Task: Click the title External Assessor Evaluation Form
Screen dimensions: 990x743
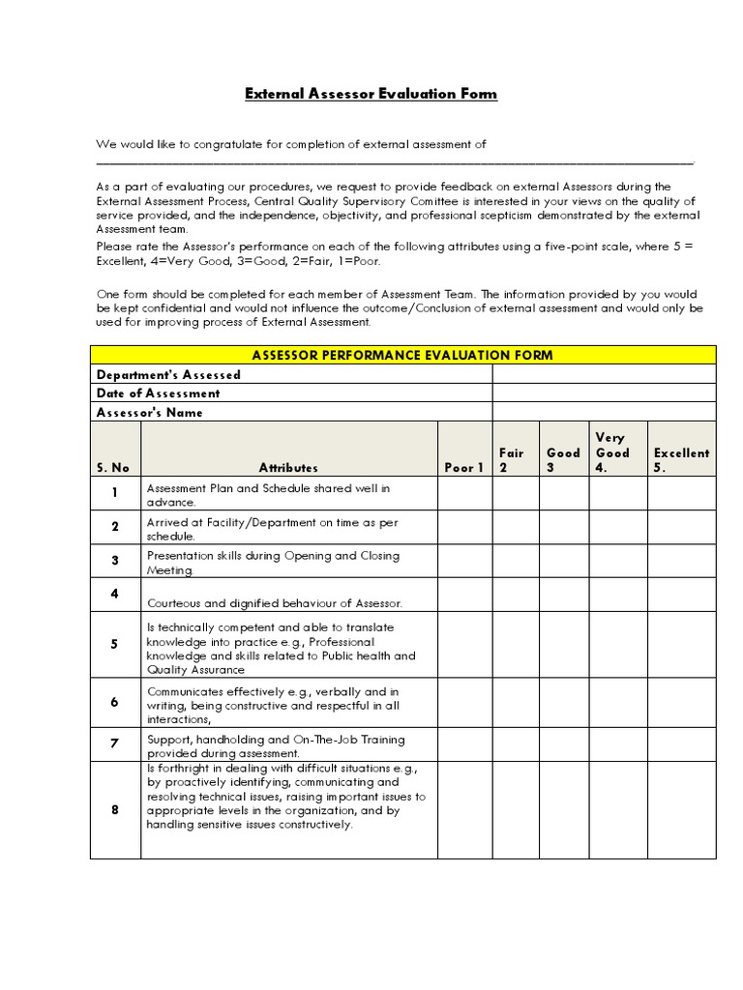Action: click(371, 94)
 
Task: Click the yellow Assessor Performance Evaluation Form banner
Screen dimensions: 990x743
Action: click(402, 355)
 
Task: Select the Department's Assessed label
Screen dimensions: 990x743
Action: click(168, 374)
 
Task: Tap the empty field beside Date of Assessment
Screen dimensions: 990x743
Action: click(604, 393)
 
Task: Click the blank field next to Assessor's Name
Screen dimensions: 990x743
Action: click(604, 412)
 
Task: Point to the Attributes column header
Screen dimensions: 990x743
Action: click(288, 468)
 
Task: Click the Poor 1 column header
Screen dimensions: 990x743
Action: click(464, 468)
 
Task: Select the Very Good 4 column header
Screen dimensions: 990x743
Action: click(612, 452)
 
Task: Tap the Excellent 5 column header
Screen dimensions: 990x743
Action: click(681, 459)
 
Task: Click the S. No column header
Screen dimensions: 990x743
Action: click(113, 468)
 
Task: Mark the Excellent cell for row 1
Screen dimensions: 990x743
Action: click(681, 494)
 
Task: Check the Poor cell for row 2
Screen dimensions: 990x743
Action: click(464, 528)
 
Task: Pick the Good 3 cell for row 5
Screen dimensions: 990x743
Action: click(563, 645)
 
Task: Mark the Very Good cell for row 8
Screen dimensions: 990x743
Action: click(618, 809)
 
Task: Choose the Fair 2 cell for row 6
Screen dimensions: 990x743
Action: click(516, 703)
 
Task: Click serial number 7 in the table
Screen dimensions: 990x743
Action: click(114, 743)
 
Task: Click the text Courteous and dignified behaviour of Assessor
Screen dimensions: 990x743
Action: click(274, 603)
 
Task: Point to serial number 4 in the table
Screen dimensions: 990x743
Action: click(114, 594)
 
